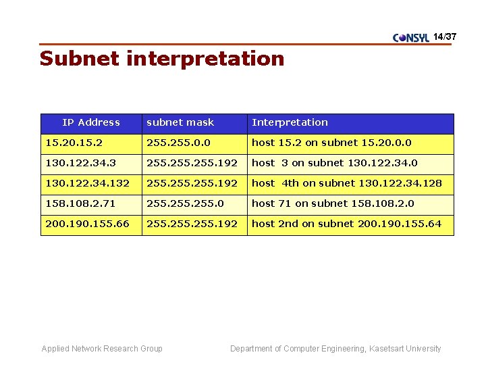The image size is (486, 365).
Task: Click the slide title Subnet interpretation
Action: pyautogui.click(x=162, y=59)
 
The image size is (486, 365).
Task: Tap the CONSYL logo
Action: pyautogui.click(x=411, y=37)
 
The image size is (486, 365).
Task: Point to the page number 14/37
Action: pyautogui.click(x=445, y=36)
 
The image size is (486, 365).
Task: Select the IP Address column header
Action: pyautogui.click(x=91, y=122)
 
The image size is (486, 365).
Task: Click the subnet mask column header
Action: pyautogui.click(x=180, y=122)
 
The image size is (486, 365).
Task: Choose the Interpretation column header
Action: pyautogui.click(x=290, y=122)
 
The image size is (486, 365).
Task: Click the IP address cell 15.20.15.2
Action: pyautogui.click(x=74, y=143)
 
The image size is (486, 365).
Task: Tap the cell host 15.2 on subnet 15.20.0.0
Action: pyautogui.click(x=331, y=143)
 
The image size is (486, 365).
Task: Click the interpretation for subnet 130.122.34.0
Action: pyautogui.click(x=335, y=163)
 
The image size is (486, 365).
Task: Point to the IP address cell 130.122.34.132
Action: pyautogui.click(x=87, y=183)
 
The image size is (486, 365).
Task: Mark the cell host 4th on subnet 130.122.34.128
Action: pyautogui.click(x=347, y=183)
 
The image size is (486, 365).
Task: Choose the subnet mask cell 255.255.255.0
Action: pyautogui.click(x=186, y=203)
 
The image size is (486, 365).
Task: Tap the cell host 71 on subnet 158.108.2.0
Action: pyautogui.click(x=333, y=203)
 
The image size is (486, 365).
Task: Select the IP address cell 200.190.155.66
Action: pyautogui.click(x=87, y=224)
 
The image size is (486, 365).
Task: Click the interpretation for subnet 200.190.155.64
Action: pyautogui.click(x=346, y=224)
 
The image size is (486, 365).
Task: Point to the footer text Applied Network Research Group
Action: pyautogui.click(x=102, y=349)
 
